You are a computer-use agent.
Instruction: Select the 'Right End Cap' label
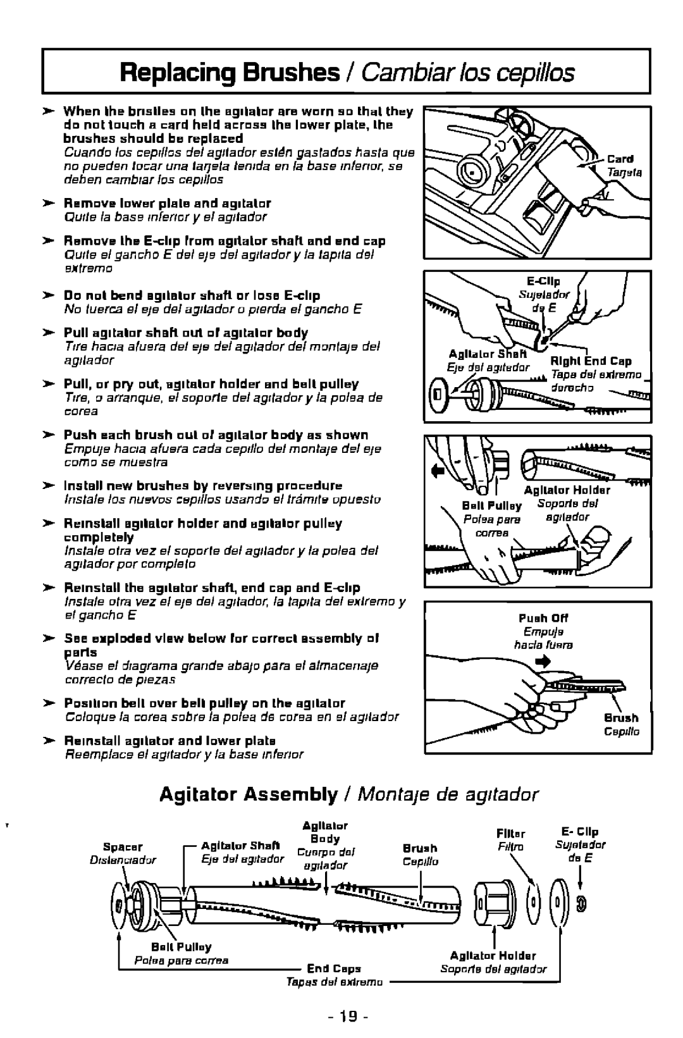click(591, 361)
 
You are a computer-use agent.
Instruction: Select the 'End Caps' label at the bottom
click(333, 967)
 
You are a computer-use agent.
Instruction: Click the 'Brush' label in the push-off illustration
click(620, 719)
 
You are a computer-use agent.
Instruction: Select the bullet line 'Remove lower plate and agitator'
click(168, 204)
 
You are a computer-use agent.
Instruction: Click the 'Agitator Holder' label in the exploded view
click(493, 956)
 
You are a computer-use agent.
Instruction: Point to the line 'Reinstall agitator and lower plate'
click(170, 740)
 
